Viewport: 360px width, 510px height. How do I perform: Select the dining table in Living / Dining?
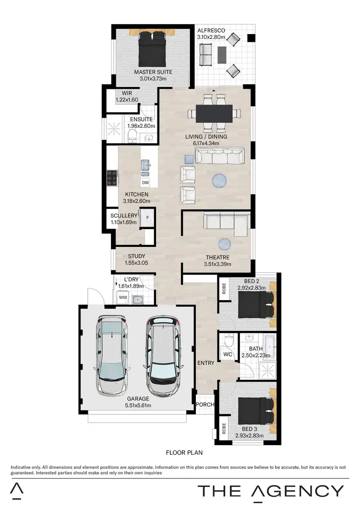[214, 113]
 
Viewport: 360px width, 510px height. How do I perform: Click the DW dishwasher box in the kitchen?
[145, 183]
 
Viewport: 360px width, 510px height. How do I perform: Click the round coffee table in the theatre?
[225, 244]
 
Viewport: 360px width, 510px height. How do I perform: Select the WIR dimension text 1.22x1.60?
[127, 100]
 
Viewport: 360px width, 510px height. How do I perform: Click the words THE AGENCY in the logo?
[271, 491]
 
